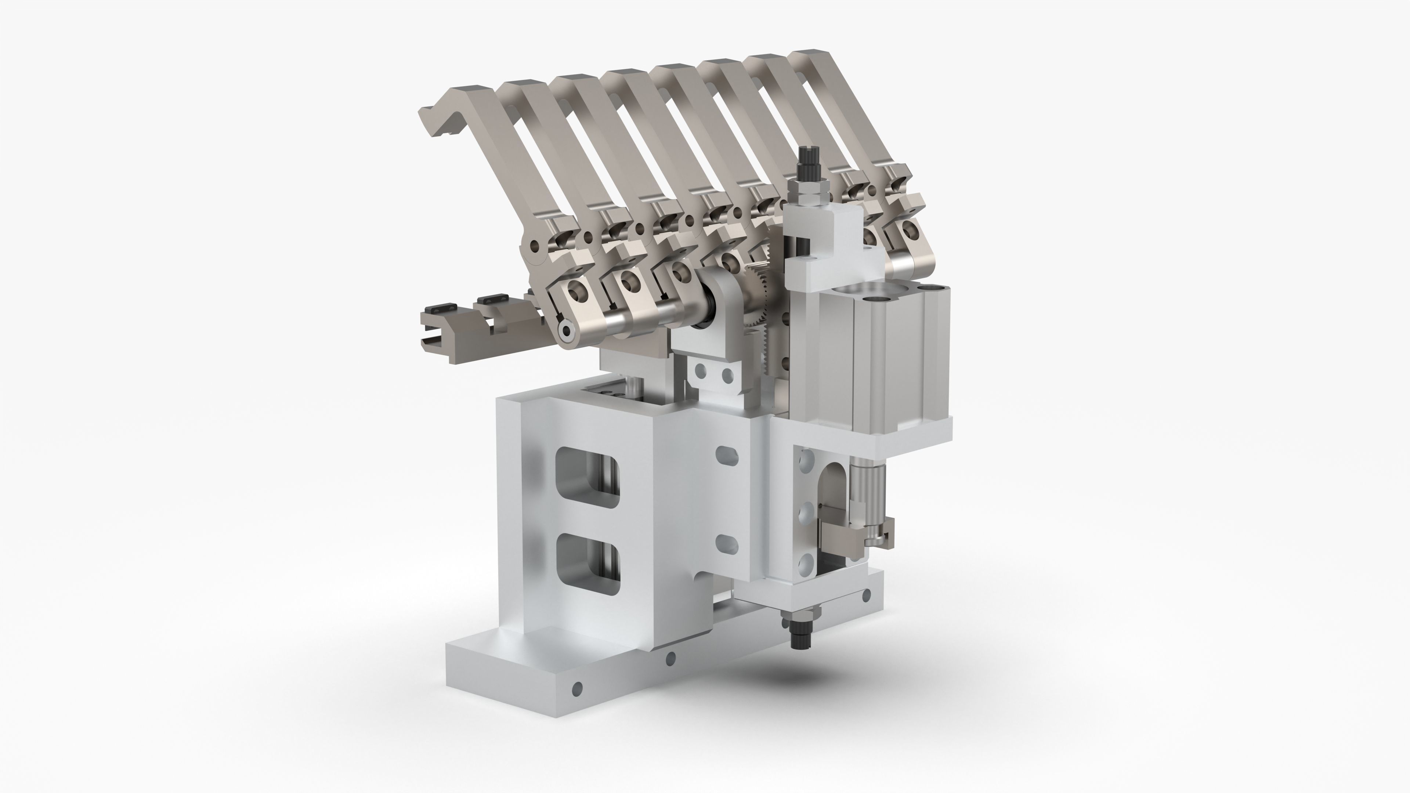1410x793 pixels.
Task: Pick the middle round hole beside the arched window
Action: tap(805, 513)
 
